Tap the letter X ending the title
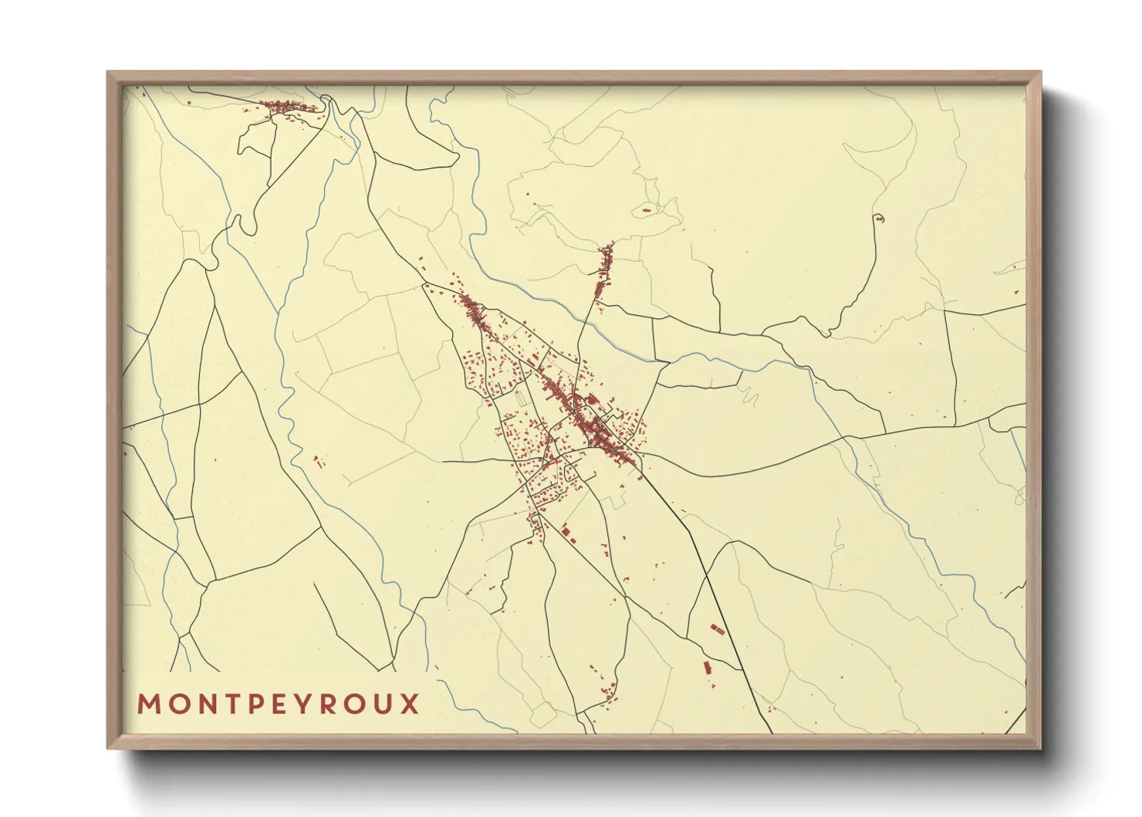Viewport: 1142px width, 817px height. (x=408, y=704)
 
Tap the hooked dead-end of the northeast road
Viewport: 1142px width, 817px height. (x=877, y=218)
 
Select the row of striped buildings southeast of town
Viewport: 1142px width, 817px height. (x=718, y=629)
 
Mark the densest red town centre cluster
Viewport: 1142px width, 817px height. (x=598, y=432)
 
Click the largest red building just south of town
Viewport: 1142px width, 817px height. (x=567, y=532)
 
